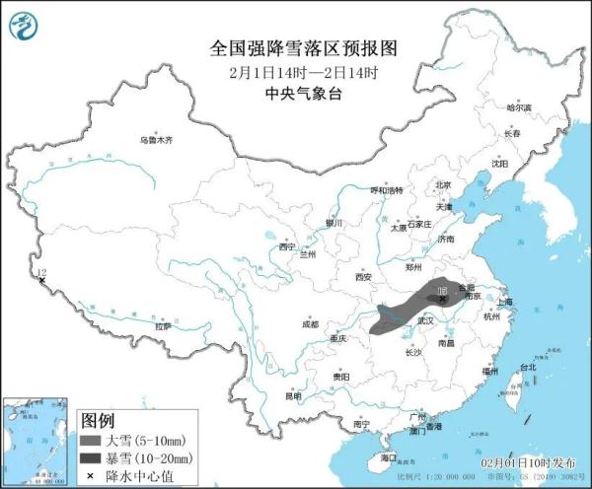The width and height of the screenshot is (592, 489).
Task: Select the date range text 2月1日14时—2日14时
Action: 295,72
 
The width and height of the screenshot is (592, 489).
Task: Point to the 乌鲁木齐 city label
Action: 156,141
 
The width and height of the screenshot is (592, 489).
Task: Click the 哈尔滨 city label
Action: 518,107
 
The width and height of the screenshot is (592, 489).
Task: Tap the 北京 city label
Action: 443,184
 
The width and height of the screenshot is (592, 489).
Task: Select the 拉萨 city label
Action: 163,325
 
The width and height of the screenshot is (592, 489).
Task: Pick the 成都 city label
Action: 310,323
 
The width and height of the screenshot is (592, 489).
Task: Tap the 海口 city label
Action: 388,457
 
